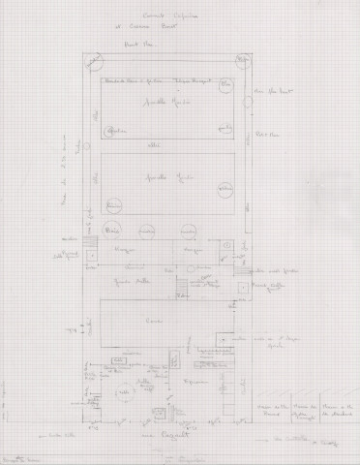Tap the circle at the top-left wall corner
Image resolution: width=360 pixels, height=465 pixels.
point(94,65)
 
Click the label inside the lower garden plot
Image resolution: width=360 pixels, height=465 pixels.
point(167,183)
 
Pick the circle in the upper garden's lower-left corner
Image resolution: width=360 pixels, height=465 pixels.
point(108,136)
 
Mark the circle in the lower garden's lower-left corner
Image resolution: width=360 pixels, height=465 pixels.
point(111,206)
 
